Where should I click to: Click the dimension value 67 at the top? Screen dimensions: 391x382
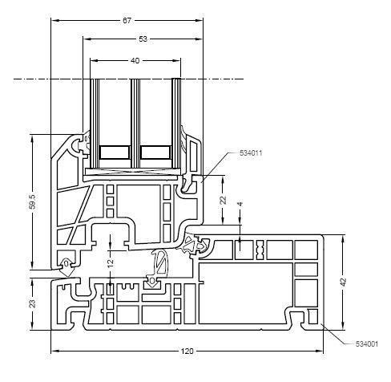(127, 21)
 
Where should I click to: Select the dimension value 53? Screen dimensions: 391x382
(143, 39)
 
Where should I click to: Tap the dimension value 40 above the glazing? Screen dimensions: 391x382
(135, 61)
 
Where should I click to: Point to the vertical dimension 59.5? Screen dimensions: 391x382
(32, 201)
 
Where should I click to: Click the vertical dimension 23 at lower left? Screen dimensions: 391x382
(32, 304)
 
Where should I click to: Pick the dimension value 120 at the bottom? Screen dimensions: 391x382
(187, 351)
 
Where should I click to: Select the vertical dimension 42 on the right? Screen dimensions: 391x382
(344, 282)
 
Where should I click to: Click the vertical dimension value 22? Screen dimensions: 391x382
(224, 200)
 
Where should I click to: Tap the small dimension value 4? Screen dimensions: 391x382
(240, 205)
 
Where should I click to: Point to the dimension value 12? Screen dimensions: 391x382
(111, 263)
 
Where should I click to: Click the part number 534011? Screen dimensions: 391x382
(251, 153)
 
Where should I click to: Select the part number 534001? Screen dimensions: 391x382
(367, 344)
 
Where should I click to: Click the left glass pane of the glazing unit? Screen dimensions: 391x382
(95, 124)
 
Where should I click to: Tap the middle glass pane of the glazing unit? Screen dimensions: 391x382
(135, 124)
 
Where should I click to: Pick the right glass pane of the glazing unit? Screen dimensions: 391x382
(176, 124)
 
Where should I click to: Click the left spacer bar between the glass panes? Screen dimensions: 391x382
(115, 152)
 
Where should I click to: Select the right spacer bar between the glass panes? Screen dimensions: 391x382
(155, 152)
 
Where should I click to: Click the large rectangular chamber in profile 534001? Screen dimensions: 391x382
(246, 294)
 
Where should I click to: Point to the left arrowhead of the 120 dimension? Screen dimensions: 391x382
(54, 351)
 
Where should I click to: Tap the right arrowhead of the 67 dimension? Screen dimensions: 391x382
(200, 21)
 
